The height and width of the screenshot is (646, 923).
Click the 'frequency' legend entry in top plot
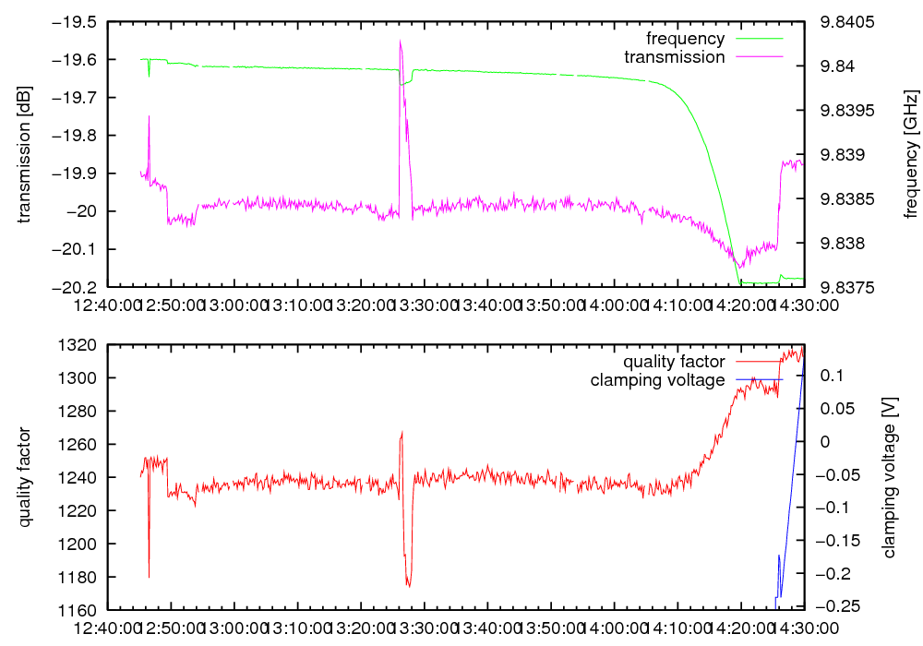686,39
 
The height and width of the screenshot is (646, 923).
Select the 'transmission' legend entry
675,56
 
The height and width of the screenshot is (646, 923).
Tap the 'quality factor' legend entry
674,362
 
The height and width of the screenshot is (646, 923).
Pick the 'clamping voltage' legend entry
658,379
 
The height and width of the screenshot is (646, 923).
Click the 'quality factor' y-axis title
25,477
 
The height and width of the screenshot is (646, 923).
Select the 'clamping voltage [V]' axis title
890,477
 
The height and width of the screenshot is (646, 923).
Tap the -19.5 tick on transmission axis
78,22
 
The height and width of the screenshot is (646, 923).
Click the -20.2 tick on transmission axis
78,287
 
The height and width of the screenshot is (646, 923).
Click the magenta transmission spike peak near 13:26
401,42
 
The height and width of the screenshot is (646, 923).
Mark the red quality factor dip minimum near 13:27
408,585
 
